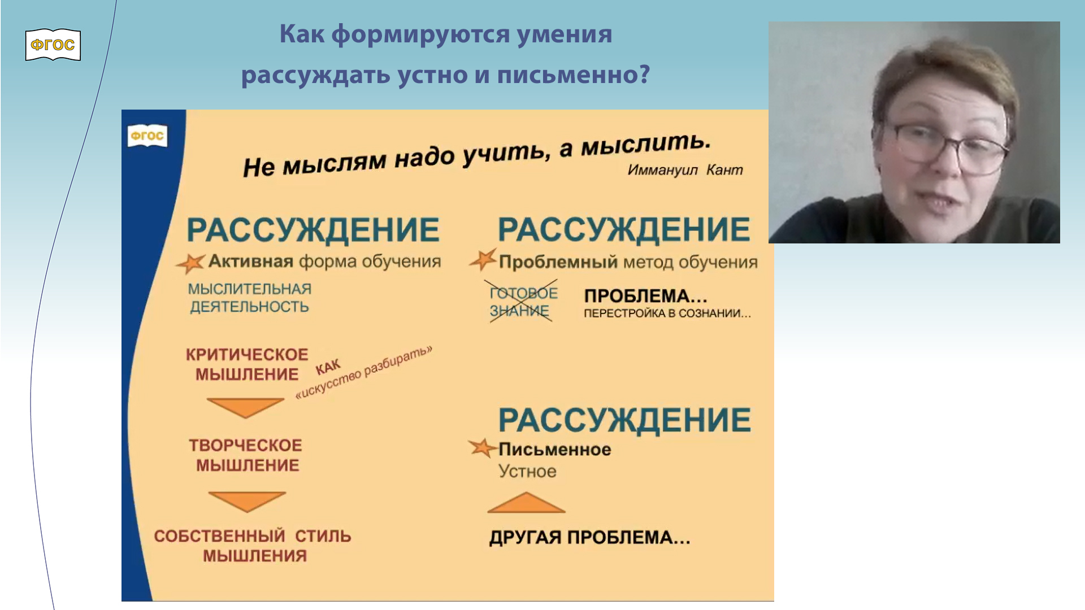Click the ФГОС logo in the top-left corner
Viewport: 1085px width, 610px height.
(53, 45)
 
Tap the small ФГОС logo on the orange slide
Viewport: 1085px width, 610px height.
(147, 136)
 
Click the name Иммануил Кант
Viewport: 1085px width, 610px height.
(685, 170)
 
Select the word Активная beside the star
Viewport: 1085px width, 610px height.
(250, 262)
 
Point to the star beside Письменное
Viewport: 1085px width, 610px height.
(482, 448)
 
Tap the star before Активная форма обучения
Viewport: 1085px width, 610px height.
(191, 263)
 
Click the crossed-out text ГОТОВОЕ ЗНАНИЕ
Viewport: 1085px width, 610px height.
(523, 302)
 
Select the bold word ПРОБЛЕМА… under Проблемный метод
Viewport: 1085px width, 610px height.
(645, 296)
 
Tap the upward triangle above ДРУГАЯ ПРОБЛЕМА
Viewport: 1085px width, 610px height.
(526, 503)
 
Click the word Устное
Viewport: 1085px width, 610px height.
(527, 471)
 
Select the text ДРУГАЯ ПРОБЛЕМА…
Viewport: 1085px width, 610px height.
(589, 537)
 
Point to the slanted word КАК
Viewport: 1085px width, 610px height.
(328, 367)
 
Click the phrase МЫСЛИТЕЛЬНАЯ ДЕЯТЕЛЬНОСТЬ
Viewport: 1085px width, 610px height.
(249, 298)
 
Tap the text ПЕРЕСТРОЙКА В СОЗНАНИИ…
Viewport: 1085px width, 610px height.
(667, 313)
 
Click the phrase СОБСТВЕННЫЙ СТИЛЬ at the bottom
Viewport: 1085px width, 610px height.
(253, 536)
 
